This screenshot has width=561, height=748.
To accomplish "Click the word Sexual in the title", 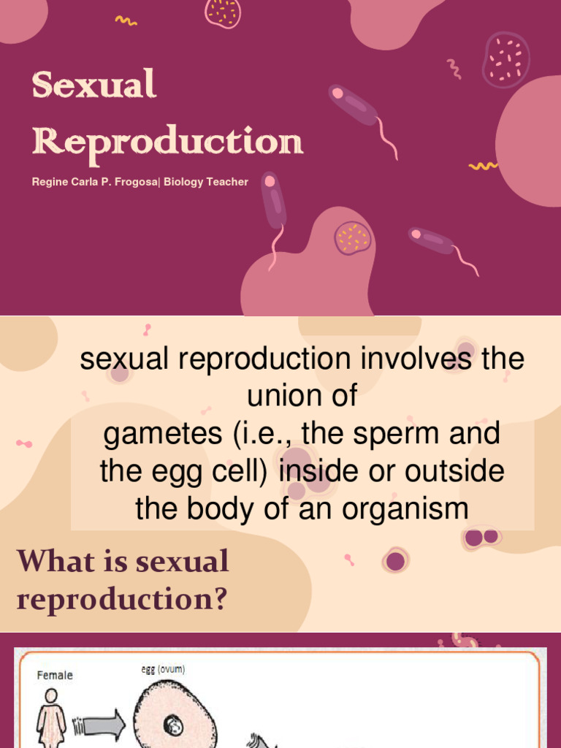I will point(93,85).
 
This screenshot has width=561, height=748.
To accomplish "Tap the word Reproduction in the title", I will point(167,141).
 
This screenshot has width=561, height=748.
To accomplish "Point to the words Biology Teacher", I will point(206,182).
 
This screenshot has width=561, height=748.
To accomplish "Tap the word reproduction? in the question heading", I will point(122,600).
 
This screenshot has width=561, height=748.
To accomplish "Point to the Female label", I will point(55,675).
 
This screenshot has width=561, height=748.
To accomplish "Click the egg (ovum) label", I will point(164,668).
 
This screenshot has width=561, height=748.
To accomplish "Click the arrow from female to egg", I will point(102,725).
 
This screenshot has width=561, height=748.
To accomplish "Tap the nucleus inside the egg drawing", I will point(174,725).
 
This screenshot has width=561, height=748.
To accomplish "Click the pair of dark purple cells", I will point(481,538).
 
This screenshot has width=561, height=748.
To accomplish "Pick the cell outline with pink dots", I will point(505,59).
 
